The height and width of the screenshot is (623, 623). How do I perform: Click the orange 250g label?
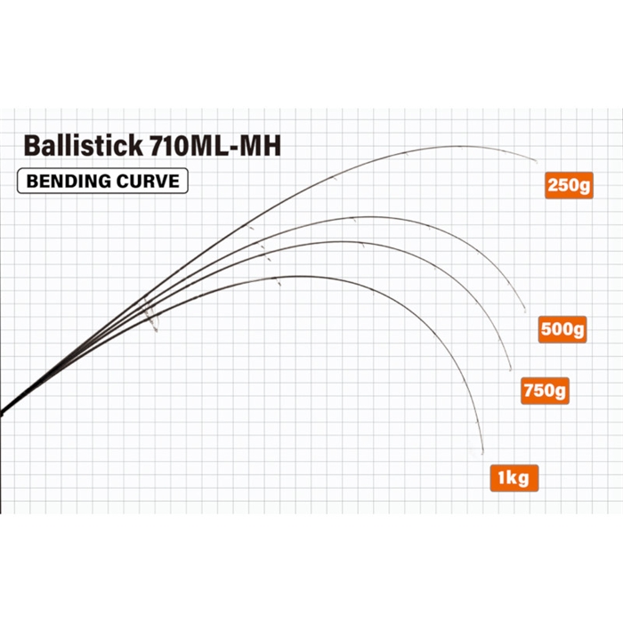[569, 185]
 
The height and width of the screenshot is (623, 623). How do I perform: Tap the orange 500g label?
[562, 329]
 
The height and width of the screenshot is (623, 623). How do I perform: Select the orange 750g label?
[545, 391]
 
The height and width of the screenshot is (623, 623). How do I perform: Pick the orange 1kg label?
[514, 478]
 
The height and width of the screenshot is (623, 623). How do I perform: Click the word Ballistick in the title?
[83, 145]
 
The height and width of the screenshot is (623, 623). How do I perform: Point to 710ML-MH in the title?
[214, 146]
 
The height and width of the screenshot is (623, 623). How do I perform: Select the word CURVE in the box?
[148, 182]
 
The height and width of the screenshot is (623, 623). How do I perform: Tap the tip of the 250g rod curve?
[537, 162]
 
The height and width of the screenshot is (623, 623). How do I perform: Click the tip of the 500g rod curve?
[525, 311]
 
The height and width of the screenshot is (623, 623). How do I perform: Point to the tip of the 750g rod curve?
[511, 370]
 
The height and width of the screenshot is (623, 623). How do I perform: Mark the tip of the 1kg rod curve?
[482, 453]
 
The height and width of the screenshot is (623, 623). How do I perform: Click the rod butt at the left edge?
[1, 412]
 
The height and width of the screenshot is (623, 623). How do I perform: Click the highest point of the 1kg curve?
[296, 277]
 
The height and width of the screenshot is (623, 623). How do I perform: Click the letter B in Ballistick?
[32, 146]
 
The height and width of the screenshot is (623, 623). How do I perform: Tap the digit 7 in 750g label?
[529, 390]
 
